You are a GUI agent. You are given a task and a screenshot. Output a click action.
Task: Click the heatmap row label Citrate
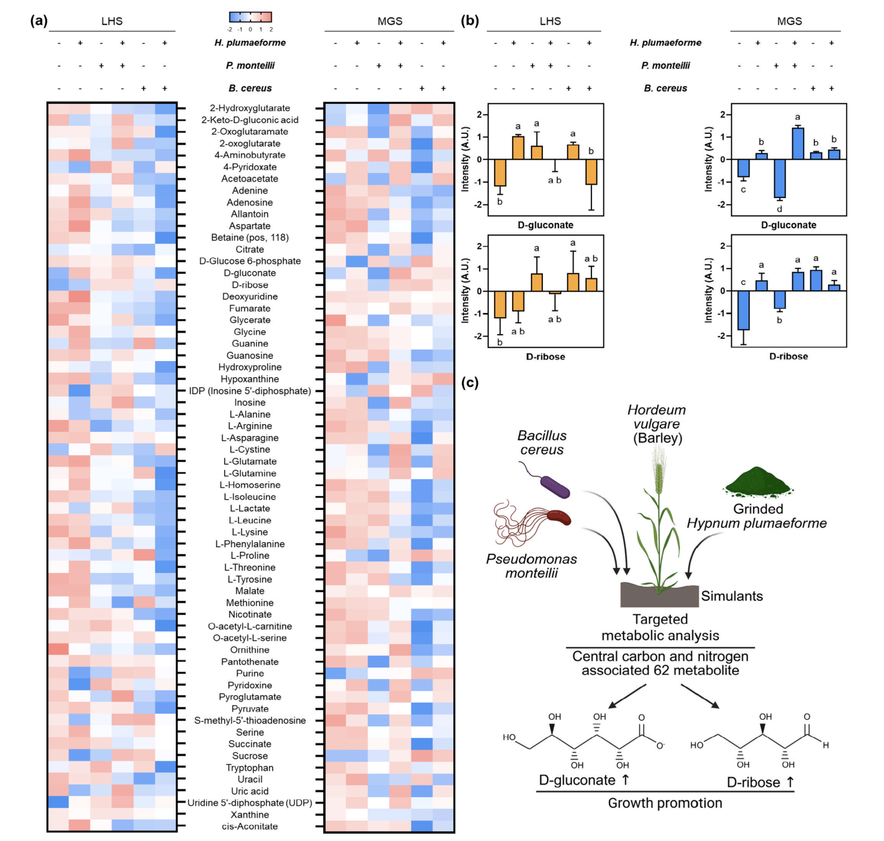(249, 249)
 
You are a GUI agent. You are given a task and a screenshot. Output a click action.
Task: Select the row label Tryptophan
(249, 768)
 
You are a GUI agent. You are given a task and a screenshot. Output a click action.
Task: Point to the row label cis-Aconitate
(249, 827)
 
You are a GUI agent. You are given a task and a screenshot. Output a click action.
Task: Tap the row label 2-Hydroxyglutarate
(249, 108)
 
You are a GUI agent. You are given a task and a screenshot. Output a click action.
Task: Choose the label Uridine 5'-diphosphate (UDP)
(249, 803)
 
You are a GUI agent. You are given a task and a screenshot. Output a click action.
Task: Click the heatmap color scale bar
(250, 17)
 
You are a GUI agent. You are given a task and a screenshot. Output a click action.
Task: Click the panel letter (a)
(38, 21)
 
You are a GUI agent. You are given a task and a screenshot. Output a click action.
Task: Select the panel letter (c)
(470, 383)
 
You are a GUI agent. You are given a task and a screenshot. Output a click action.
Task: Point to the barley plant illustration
(659, 523)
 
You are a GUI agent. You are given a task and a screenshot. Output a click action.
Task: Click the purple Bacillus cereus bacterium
(554, 487)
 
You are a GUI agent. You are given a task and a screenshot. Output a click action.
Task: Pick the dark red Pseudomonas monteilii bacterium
(558, 517)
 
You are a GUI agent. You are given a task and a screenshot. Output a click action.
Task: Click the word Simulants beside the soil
(731, 596)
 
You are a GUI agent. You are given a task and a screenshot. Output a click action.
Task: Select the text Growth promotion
(665, 803)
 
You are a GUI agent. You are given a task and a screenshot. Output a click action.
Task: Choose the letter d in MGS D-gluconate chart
(780, 209)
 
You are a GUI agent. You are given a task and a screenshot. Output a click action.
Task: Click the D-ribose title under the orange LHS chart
(545, 357)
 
